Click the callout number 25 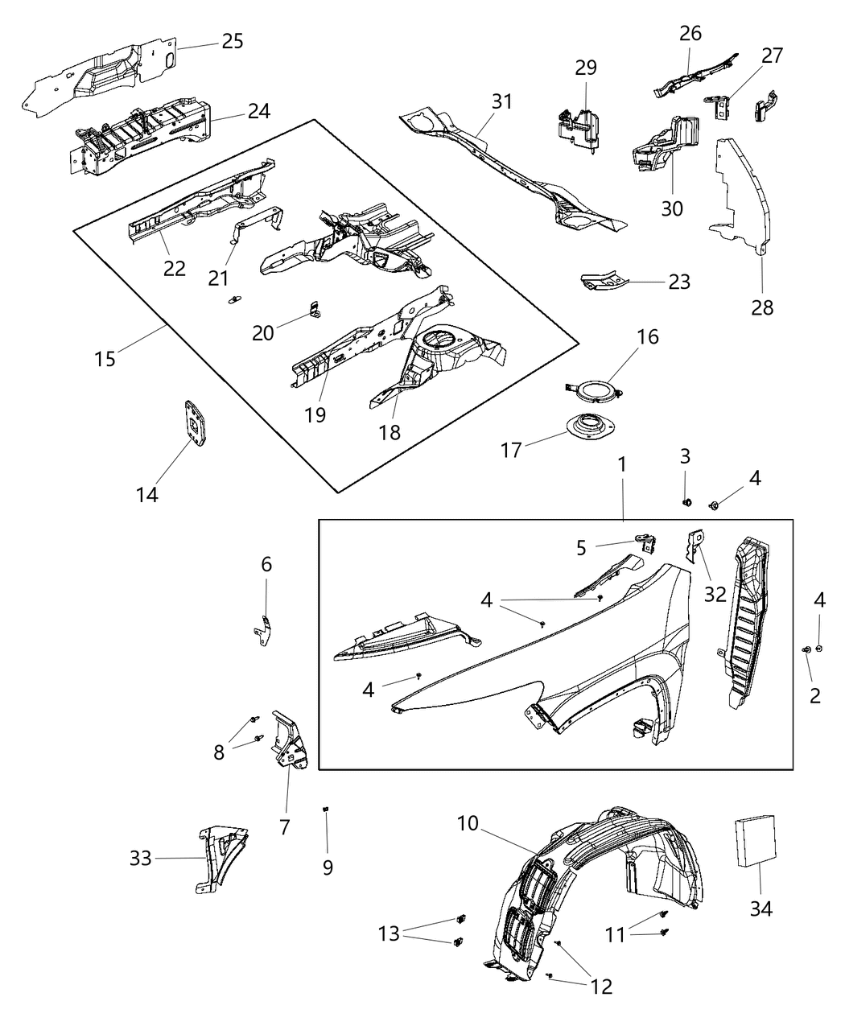click(232, 40)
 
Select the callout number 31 click(502, 102)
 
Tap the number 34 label click(760, 909)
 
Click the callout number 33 click(141, 859)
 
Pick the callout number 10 click(468, 823)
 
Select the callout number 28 click(762, 307)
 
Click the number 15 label click(105, 357)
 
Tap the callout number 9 click(328, 867)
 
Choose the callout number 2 click(814, 695)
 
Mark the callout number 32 click(715, 594)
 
